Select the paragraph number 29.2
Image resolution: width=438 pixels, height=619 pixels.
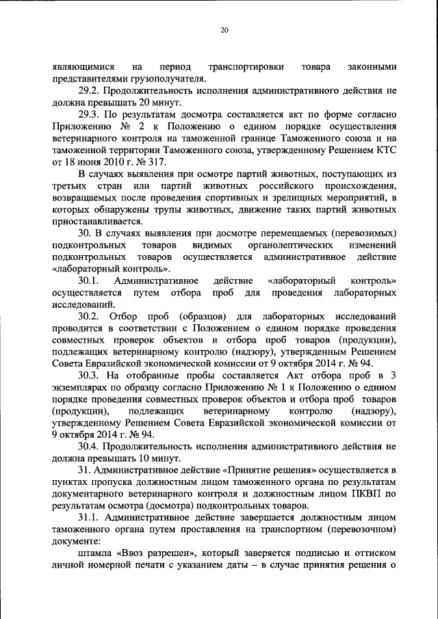coord(90,90)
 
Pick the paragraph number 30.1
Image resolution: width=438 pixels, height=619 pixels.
coord(90,281)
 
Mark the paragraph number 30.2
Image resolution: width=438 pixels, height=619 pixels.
coord(90,317)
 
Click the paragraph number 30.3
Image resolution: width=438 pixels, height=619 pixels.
coord(90,376)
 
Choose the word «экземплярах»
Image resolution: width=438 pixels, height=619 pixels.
coord(82,388)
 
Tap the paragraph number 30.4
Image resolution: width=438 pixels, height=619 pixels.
coord(90,447)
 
